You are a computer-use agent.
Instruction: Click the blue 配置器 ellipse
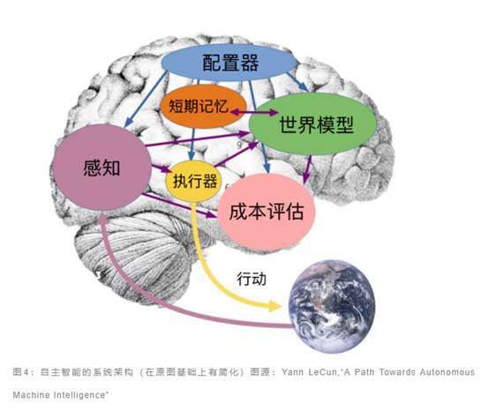tap(229, 63)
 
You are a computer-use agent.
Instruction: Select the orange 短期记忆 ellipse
tap(203, 106)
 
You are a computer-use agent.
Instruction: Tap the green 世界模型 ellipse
tap(312, 124)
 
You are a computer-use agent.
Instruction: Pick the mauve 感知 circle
tap(102, 168)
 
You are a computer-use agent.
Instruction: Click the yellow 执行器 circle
tap(193, 181)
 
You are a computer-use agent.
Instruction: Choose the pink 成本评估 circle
tap(267, 213)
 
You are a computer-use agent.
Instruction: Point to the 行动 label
tap(252, 278)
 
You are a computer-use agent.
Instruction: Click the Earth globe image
tap(332, 307)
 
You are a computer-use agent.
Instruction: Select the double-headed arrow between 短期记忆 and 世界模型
tap(254, 112)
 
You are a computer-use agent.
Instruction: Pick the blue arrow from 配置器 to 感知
tap(146, 99)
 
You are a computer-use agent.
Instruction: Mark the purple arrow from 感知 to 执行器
tap(162, 168)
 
